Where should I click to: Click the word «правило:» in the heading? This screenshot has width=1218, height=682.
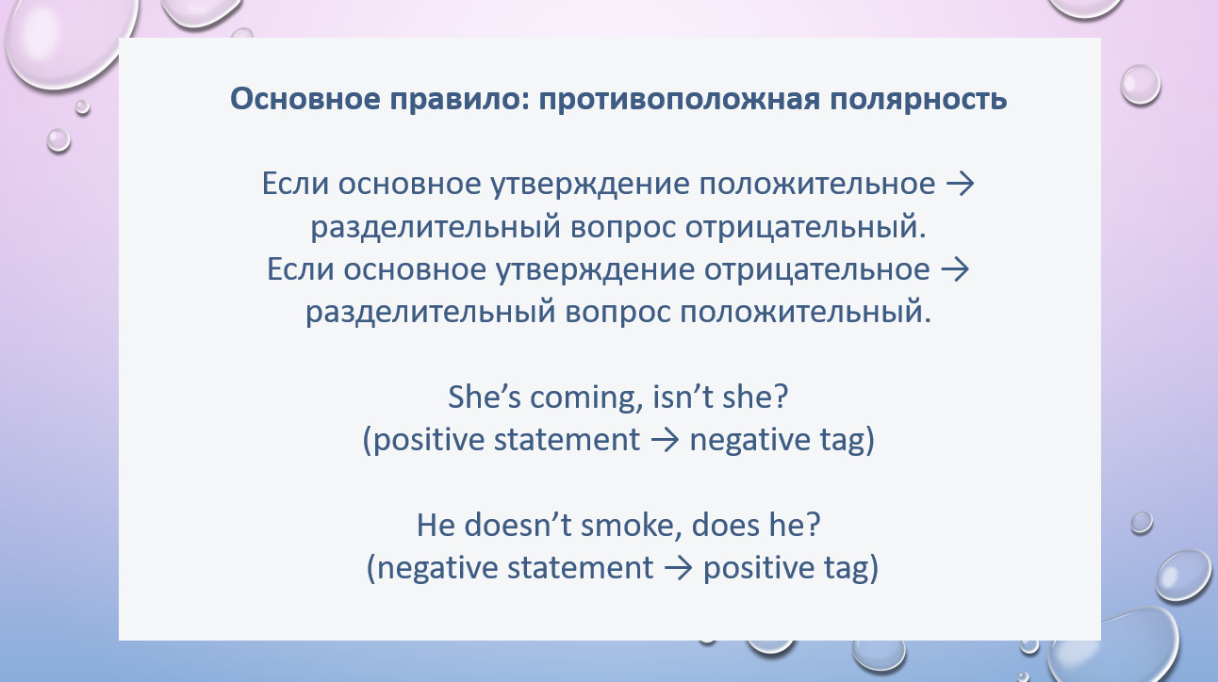[x=459, y=100]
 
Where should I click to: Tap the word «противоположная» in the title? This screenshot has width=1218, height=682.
[x=679, y=100]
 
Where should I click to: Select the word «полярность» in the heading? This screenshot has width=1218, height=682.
[x=918, y=100]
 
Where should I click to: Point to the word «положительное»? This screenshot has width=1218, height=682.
[x=816, y=184]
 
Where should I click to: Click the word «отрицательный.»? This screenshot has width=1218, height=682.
[x=805, y=227]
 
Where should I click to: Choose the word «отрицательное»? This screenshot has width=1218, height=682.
[x=816, y=269]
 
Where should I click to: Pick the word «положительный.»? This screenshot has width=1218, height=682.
[x=805, y=313]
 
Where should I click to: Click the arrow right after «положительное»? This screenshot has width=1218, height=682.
[x=960, y=185]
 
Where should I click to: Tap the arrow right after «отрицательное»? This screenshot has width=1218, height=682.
[x=955, y=270]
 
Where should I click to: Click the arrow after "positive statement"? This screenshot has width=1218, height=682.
[x=665, y=440]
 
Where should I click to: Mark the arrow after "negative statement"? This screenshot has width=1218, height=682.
[x=678, y=568]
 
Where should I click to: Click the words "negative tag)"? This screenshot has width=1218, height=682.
[x=782, y=440]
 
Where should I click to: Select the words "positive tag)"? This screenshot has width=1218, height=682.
[x=791, y=568]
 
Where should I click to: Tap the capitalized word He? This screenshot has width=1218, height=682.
[x=436, y=526]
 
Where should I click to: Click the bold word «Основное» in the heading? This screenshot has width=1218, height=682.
[x=305, y=100]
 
